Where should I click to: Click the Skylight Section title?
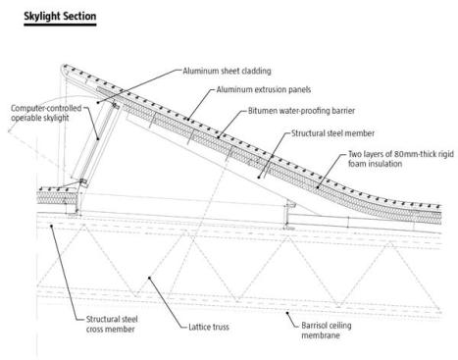[x=60, y=16]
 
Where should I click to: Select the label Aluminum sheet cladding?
[x=227, y=71]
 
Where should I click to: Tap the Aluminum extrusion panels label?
[x=264, y=89]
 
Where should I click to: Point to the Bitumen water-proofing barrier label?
[x=301, y=111]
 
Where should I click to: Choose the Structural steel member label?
[x=332, y=133]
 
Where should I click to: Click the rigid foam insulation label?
[x=401, y=159]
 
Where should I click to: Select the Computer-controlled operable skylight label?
[x=46, y=113]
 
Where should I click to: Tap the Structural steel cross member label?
[x=112, y=324]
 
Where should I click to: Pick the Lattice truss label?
[x=209, y=327]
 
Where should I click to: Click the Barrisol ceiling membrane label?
[x=327, y=331]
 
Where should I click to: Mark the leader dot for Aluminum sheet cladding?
[x=98, y=102]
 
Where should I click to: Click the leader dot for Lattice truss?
[x=149, y=278]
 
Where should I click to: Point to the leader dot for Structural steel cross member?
[x=51, y=226]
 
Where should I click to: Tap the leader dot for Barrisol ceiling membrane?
[x=287, y=313]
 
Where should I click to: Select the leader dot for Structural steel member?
[x=259, y=178]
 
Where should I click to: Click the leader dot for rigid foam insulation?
[x=318, y=187]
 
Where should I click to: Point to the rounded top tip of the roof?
[x=64, y=67]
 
